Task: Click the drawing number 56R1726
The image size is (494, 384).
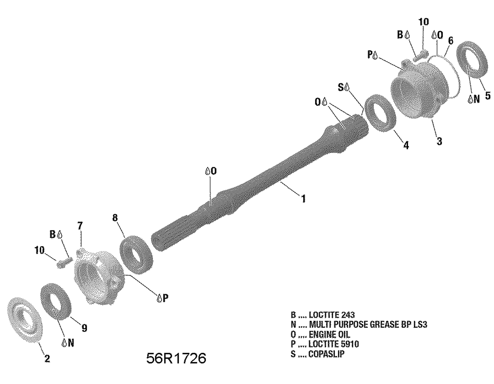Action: click(x=176, y=358)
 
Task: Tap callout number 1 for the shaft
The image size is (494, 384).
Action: click(x=303, y=199)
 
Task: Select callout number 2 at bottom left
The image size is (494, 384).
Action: click(x=47, y=359)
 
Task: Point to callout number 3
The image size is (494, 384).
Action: click(x=439, y=141)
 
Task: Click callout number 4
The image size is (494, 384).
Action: click(x=406, y=145)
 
